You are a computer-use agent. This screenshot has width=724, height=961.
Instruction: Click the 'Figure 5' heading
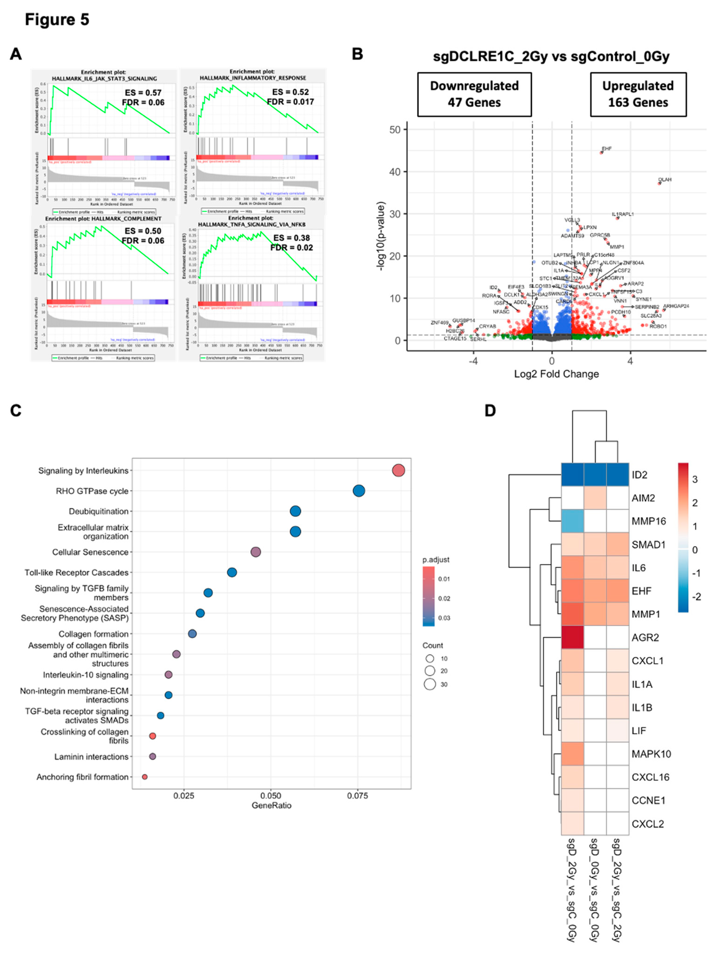point(57,20)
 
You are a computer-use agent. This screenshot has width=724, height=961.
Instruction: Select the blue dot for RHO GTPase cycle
point(359,491)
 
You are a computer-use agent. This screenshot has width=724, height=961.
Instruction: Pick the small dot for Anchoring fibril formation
point(145,777)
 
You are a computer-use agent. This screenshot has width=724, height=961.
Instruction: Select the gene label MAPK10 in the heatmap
point(651,754)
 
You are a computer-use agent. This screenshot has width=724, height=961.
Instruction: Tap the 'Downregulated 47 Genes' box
point(474,94)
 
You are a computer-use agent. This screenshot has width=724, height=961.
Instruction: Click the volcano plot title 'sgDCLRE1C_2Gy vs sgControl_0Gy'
point(551,56)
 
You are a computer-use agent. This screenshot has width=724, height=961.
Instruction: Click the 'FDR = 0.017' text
point(290,102)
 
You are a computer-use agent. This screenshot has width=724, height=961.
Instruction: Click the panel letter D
point(490,410)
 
